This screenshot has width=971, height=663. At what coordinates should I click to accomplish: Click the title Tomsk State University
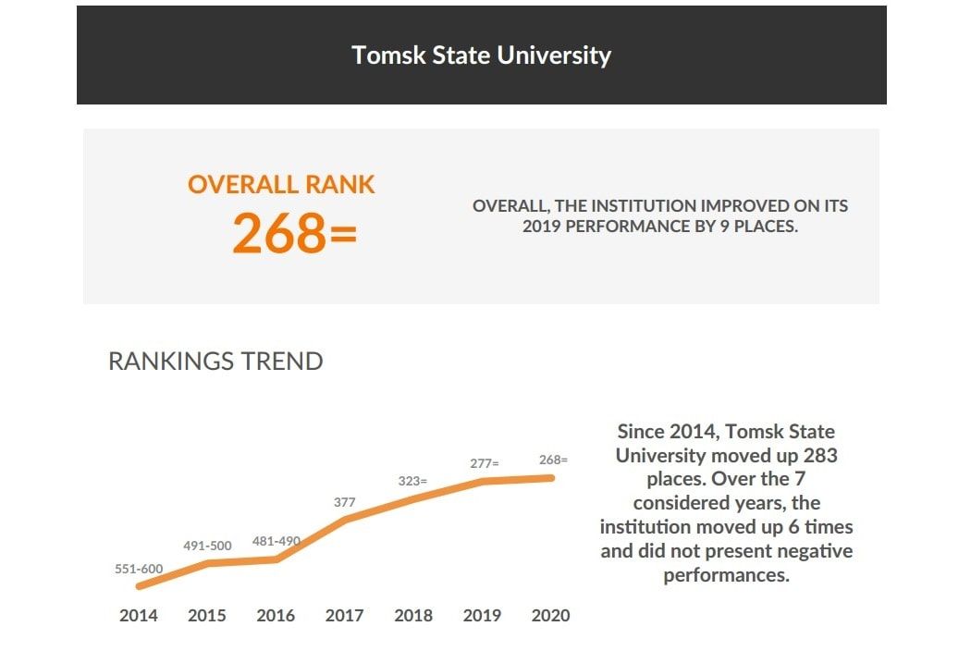pos(481,55)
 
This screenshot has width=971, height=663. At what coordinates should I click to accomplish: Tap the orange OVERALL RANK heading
pos(281,184)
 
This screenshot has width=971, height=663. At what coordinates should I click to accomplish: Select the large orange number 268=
pos(294,233)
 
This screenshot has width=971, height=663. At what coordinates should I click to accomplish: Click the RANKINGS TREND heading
pos(215,361)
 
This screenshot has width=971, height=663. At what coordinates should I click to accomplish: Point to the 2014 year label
pos(139,616)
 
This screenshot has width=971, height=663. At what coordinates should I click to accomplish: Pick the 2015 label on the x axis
pos(207,616)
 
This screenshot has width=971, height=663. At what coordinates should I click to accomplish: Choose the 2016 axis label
pos(276,616)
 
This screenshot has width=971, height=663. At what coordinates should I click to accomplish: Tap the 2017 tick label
pos(344,616)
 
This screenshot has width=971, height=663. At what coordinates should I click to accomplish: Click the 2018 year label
pos(413,616)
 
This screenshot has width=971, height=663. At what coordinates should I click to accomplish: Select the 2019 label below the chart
pos(482,616)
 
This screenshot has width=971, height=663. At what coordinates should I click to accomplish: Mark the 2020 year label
pos(550,616)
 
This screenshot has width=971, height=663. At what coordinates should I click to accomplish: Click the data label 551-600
pos(139,570)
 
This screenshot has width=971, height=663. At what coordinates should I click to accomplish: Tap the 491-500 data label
pos(206,546)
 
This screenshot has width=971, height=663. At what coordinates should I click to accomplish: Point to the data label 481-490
pos(277,541)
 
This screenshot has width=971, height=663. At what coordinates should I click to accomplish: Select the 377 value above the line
pos(345,502)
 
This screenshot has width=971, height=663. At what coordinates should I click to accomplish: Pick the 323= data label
pos(412,481)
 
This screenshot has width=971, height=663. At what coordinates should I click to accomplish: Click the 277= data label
pos(483,463)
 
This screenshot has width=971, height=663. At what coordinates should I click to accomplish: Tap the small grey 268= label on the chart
pos(553,460)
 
